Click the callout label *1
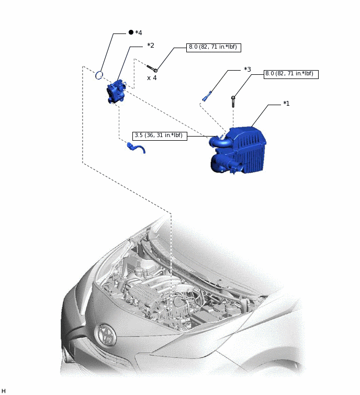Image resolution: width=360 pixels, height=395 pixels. pyautogui.click(x=286, y=104)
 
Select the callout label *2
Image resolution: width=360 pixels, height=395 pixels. pyautogui.click(x=151, y=46)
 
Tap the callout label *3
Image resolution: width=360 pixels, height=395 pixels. pyautogui.click(x=248, y=69)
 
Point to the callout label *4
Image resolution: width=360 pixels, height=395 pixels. pyautogui.click(x=139, y=33)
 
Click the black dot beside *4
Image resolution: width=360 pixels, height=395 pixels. pyautogui.click(x=131, y=32)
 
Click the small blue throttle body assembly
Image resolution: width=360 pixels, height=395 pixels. pyautogui.click(x=116, y=91)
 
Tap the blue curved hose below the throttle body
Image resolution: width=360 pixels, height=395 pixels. pyautogui.click(x=136, y=148)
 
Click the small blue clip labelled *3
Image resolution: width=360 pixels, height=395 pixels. pyautogui.click(x=207, y=96)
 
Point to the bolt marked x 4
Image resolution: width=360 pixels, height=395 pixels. pyautogui.click(x=152, y=68)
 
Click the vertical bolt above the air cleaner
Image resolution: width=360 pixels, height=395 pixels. pyautogui.click(x=233, y=101)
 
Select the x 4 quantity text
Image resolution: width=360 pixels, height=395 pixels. pyautogui.click(x=152, y=78)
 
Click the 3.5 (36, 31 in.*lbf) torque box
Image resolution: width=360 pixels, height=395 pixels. pyautogui.click(x=160, y=136)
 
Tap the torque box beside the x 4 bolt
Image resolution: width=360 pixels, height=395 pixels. pyautogui.click(x=213, y=48)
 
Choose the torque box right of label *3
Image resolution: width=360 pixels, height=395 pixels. pyautogui.click(x=291, y=74)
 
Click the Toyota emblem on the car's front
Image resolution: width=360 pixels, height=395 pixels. pyautogui.click(x=106, y=335)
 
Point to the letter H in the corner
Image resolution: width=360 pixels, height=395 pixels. pyautogui.click(x=3, y=391)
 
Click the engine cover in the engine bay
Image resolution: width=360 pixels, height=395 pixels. pyautogui.click(x=141, y=292)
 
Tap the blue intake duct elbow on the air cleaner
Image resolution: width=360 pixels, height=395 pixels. pyautogui.click(x=219, y=143)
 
